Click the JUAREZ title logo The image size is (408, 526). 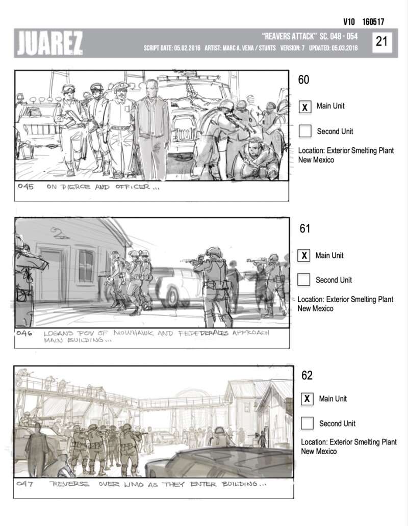49,43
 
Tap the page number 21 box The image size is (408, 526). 382,42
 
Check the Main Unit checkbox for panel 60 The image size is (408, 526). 305,107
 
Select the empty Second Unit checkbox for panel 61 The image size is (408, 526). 303,280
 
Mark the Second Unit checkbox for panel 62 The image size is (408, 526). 307,423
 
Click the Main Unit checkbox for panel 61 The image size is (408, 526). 303,256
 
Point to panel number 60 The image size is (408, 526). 303,80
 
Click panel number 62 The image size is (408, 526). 307,375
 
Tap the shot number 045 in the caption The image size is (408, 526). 25,186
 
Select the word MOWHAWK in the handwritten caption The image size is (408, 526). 134,333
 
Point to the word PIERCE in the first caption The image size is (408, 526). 76,187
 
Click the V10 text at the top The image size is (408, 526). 349,22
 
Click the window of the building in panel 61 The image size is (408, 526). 86,266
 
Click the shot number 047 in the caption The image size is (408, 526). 24,484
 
